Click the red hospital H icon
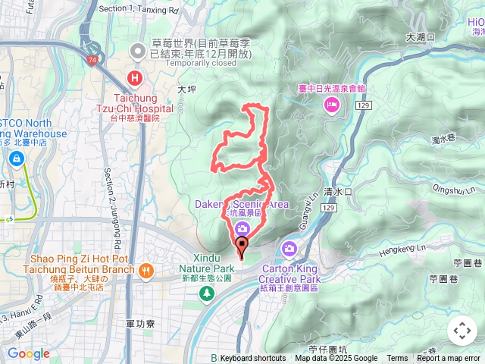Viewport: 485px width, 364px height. coord(135,77)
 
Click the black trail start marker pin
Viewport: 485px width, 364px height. coord(242,245)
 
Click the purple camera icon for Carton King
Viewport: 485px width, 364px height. coord(289,248)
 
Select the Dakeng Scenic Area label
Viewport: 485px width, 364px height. coord(241,204)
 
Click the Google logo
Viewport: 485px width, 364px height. coord(28,353)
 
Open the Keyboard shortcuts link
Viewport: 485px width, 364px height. coord(252,359)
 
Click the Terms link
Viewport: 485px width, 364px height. coord(397,359)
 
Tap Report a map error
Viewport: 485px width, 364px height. coord(449,359)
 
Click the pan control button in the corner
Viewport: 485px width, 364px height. coord(462,331)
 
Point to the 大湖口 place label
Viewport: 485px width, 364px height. coord(419,36)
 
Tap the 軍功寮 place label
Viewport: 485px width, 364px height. coord(141,324)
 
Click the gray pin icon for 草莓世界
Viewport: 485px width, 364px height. coord(137,52)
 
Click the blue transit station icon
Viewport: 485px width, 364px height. coord(16,158)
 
